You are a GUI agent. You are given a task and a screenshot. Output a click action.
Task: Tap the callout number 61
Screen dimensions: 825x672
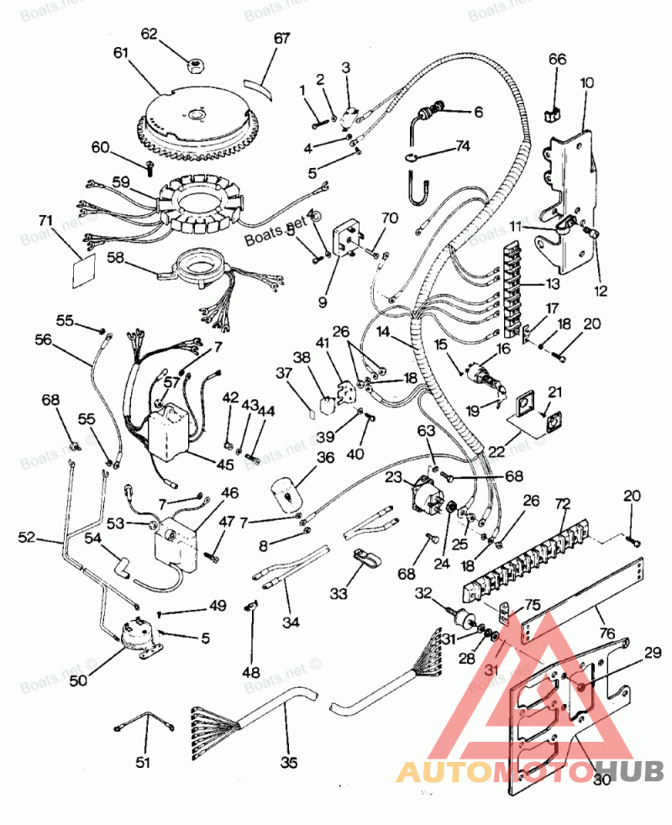[x=122, y=52]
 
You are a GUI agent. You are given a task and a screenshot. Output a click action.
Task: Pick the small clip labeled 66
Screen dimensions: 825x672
[x=555, y=110]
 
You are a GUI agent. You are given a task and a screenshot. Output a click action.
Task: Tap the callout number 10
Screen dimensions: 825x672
[x=586, y=83]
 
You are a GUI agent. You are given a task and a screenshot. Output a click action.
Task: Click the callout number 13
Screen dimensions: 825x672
[x=551, y=285]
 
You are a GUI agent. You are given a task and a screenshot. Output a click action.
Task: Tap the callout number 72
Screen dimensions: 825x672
[x=562, y=504]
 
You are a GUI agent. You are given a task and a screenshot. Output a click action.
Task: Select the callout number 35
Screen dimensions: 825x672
[x=289, y=763]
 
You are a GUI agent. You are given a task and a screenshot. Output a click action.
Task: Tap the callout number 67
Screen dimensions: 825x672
[x=281, y=39]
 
